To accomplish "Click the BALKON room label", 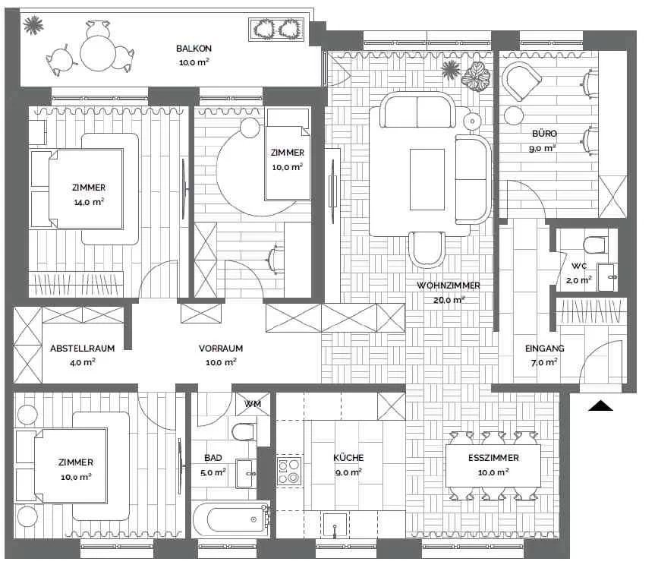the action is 194,49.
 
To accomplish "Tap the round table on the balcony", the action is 98,53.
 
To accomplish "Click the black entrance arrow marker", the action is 600,405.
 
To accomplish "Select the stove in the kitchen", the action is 289,471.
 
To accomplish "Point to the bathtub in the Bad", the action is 231,519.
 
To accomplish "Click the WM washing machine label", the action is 253,404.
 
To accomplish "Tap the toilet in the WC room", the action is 595,245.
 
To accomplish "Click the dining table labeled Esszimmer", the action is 493,465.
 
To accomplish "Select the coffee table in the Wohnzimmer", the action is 427,179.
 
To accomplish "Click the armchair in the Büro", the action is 521,81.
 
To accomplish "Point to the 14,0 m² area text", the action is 89,202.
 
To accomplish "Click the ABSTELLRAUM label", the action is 82,348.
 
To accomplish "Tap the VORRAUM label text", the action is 221,348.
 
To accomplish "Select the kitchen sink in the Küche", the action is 335,525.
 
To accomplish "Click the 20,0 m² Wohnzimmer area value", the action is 449,300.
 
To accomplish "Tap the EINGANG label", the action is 545,348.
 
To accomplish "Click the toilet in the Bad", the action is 244,431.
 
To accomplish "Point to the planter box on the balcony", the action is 276,30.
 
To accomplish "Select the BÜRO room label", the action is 544,134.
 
